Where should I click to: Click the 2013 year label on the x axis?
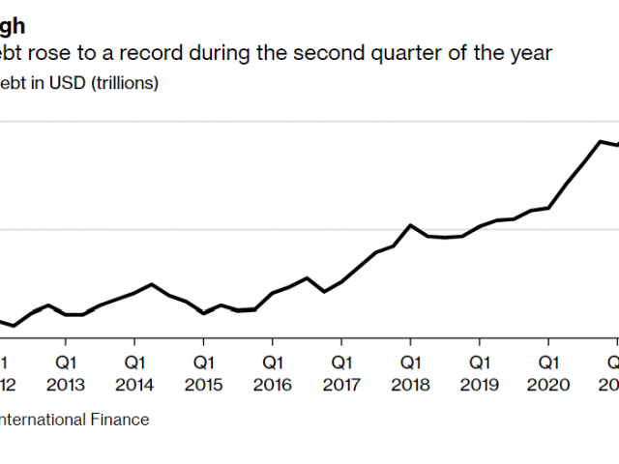(65, 384)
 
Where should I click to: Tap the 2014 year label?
(133, 384)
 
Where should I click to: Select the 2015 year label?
(203, 384)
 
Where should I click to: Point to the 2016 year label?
(272, 384)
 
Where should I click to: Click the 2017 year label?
(340, 384)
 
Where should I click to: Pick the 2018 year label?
(410, 384)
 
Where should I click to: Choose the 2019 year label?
(479, 384)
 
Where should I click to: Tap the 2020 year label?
(548, 384)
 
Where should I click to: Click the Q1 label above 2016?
(272, 363)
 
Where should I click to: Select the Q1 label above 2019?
(479, 363)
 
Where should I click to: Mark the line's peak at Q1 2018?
(410, 225)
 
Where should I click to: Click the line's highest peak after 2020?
(600, 141)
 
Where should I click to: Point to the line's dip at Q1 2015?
(203, 313)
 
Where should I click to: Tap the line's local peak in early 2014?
(152, 284)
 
